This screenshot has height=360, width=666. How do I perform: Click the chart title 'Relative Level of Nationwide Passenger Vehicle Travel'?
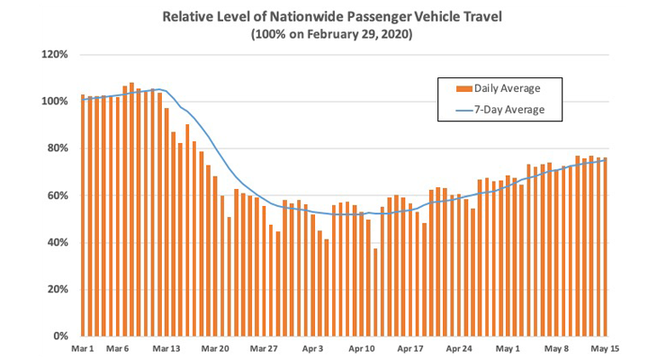[x=333, y=16]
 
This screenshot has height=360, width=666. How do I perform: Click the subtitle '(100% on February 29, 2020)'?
[x=333, y=34]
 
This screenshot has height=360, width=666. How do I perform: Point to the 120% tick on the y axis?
[x=56, y=54]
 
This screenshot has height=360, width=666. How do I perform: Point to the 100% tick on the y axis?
[x=56, y=101]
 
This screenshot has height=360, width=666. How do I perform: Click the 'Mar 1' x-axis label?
[x=84, y=348]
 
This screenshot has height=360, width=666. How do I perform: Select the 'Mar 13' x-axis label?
[x=166, y=348]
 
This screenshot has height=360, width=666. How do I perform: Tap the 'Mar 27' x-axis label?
[x=264, y=348]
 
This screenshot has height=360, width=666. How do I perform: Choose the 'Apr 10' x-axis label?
[x=361, y=348]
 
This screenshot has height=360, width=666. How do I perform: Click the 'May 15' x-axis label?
[x=604, y=348]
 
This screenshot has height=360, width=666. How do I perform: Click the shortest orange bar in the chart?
[x=375, y=292]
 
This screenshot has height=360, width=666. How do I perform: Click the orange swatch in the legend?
[x=464, y=88]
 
